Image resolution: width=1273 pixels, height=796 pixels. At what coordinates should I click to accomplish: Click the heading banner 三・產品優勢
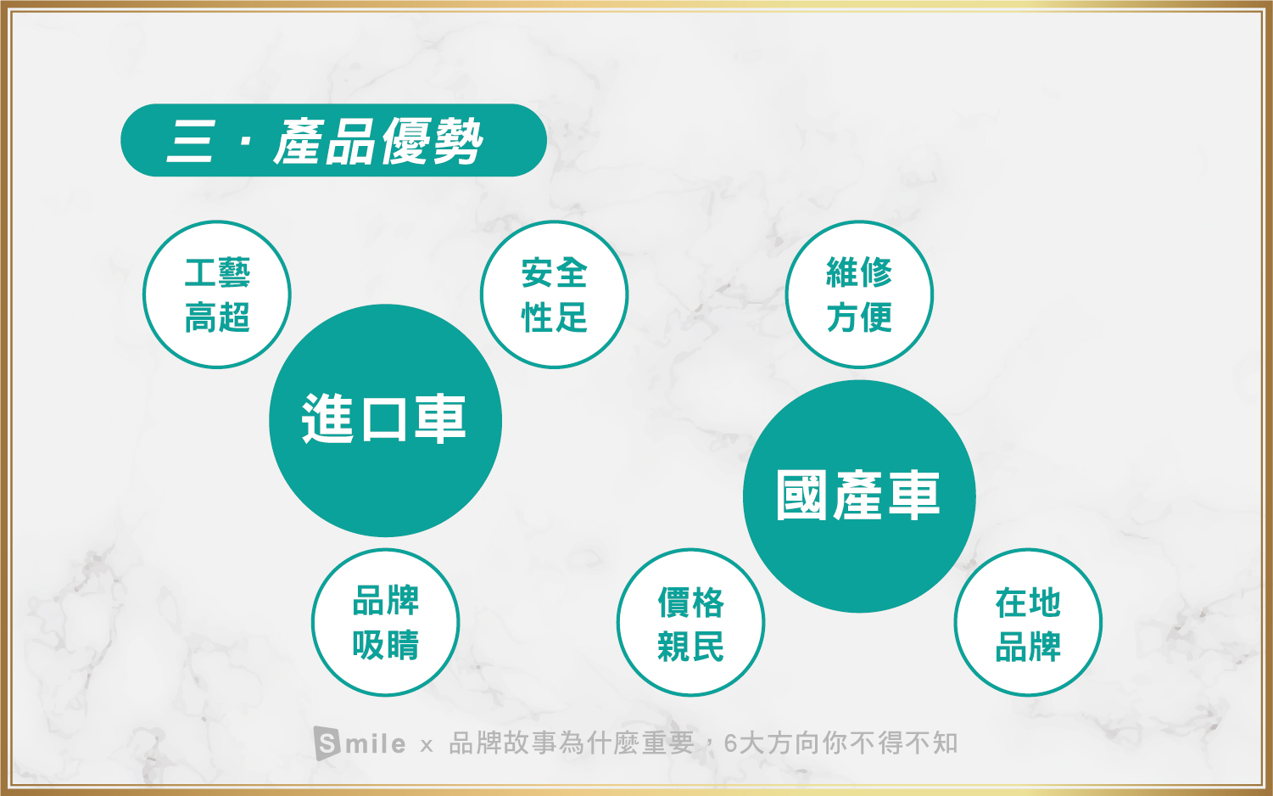click(x=333, y=140)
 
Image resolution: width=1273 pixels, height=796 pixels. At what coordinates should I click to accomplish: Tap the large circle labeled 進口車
click(x=385, y=420)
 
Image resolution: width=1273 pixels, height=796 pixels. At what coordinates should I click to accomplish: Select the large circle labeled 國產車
click(x=859, y=496)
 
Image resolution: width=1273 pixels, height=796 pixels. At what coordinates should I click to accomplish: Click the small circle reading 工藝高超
click(x=217, y=294)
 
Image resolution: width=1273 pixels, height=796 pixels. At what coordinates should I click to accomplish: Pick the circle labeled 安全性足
click(x=554, y=294)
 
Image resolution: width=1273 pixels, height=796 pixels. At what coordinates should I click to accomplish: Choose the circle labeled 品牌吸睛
click(x=385, y=622)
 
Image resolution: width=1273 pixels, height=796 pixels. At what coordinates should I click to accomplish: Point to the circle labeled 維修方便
click(x=859, y=294)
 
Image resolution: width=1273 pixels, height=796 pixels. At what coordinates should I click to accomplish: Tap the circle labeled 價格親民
click(x=690, y=622)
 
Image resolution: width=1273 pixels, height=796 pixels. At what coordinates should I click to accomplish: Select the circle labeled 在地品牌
click(x=1028, y=622)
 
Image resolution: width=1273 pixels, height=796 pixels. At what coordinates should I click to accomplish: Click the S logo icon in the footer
click(x=327, y=743)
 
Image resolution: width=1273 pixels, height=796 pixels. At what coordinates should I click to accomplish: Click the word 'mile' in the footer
click(x=376, y=743)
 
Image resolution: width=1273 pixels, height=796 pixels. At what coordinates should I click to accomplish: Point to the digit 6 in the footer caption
click(x=730, y=743)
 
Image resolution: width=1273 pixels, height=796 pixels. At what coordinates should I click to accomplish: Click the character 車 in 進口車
click(x=440, y=418)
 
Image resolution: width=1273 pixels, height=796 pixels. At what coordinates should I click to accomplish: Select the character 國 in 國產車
click(x=801, y=496)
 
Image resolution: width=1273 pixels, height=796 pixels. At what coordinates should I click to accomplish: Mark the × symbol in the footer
click(x=427, y=745)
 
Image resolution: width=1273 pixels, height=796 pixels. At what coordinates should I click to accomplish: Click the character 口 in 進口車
click(x=385, y=419)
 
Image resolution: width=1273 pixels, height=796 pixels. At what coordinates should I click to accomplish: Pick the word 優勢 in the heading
click(x=432, y=142)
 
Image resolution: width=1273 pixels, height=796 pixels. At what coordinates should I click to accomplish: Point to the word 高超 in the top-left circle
click(x=217, y=317)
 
